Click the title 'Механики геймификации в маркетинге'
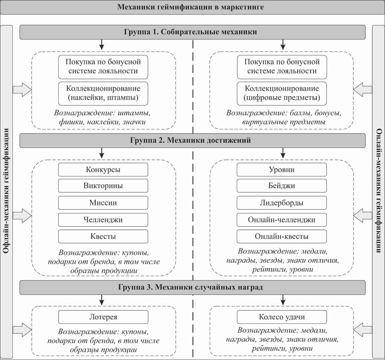click(190, 7)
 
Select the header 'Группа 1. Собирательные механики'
click(190, 32)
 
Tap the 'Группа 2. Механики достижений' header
click(190, 140)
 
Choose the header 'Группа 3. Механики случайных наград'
click(190, 287)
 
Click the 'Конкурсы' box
click(103, 170)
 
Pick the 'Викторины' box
click(103, 186)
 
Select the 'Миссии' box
click(103, 203)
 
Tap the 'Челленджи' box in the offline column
click(103, 220)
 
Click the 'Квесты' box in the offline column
click(103, 237)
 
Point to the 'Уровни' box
click(281, 170)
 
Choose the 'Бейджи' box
click(281, 186)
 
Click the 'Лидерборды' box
click(281, 203)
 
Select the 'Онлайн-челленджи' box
click(281, 220)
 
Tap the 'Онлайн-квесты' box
click(281, 237)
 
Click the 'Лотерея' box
click(103, 317)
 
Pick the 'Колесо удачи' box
click(281, 317)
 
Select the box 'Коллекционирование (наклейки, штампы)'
click(103, 93)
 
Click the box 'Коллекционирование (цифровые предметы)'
click(281, 93)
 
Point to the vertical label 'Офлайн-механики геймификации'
click(6, 191)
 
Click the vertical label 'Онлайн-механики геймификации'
click(378, 191)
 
